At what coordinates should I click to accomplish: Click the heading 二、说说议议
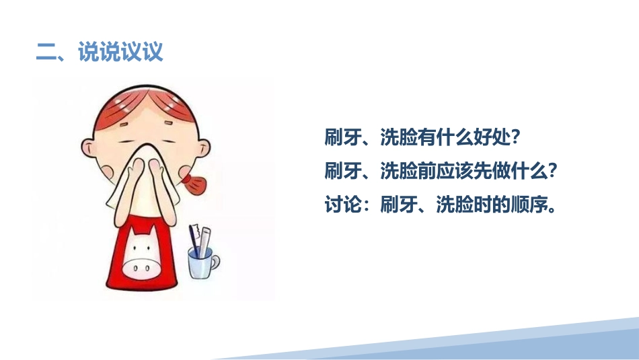point(100,52)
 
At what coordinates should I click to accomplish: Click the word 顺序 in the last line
point(529,205)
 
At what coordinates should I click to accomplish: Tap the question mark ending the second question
point(553,171)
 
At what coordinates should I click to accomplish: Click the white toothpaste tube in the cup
point(204,242)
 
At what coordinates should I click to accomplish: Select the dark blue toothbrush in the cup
point(194,241)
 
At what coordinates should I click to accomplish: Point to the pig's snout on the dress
point(141,268)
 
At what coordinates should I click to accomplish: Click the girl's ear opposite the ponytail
point(87,147)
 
